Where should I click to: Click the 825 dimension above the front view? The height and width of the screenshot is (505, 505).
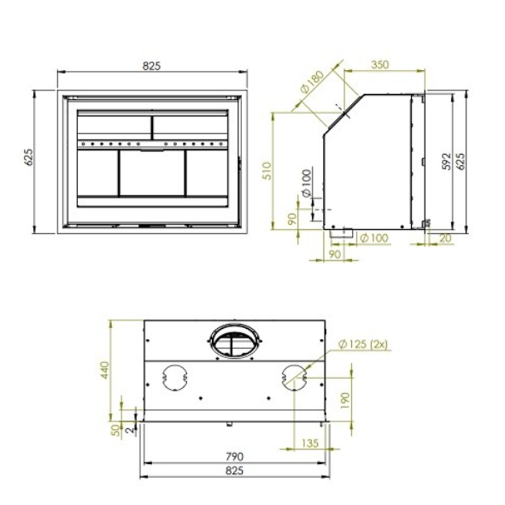click(x=151, y=66)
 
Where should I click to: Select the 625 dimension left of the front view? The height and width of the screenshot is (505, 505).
click(x=29, y=157)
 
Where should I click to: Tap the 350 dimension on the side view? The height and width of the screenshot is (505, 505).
click(x=380, y=65)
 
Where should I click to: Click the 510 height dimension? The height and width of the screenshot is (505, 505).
click(x=267, y=171)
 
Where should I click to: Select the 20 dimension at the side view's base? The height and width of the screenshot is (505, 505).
click(x=445, y=238)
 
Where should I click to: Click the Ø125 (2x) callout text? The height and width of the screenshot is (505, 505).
click(x=363, y=344)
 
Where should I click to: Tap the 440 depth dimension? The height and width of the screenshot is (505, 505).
click(x=105, y=371)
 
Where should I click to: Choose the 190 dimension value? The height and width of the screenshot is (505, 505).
click(x=344, y=401)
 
